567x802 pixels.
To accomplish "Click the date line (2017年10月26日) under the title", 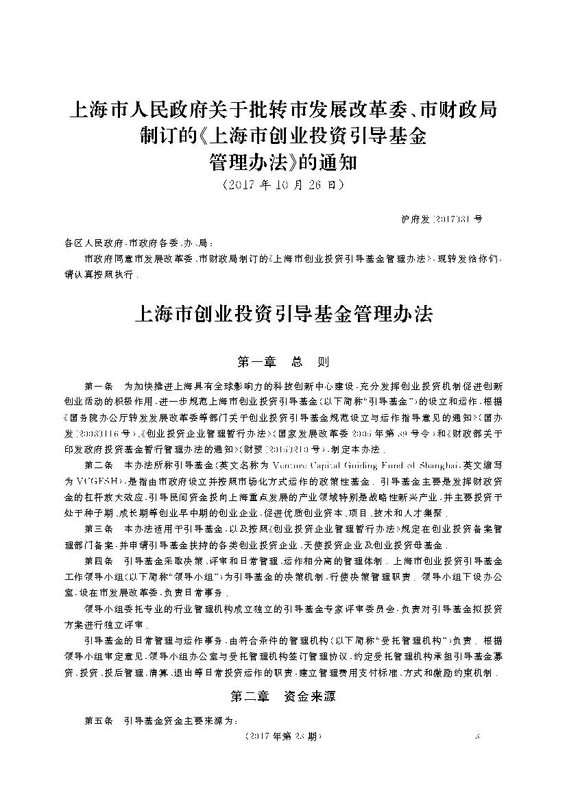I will click(x=283, y=186).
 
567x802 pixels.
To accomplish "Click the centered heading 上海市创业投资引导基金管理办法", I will click(x=284, y=315).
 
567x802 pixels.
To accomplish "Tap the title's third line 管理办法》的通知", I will click(x=283, y=163).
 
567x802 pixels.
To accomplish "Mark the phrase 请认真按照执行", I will click(x=99, y=276).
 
